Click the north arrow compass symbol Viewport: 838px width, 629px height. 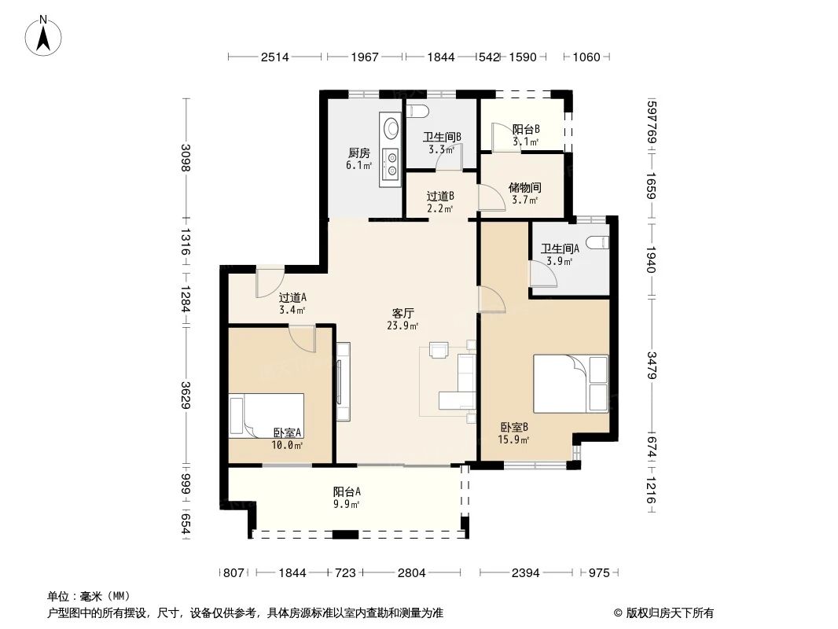(x=45, y=35)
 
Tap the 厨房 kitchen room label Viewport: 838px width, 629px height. (x=359, y=153)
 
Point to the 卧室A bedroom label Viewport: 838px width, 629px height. (x=288, y=432)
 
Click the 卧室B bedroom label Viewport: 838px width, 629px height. (x=514, y=427)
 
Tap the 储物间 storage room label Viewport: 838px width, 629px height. (x=524, y=188)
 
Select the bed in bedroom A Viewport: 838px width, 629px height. (x=267, y=414)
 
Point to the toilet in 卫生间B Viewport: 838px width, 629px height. (x=417, y=111)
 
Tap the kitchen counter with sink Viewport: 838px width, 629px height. (x=390, y=150)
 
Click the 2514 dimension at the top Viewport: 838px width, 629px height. (x=275, y=57)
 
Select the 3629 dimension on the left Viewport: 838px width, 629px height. (x=186, y=395)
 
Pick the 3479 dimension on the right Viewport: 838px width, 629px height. (x=652, y=364)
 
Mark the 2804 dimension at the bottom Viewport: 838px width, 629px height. (x=411, y=573)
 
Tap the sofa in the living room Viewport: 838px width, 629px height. (x=460, y=381)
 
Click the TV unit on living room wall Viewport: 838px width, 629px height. (x=343, y=381)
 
